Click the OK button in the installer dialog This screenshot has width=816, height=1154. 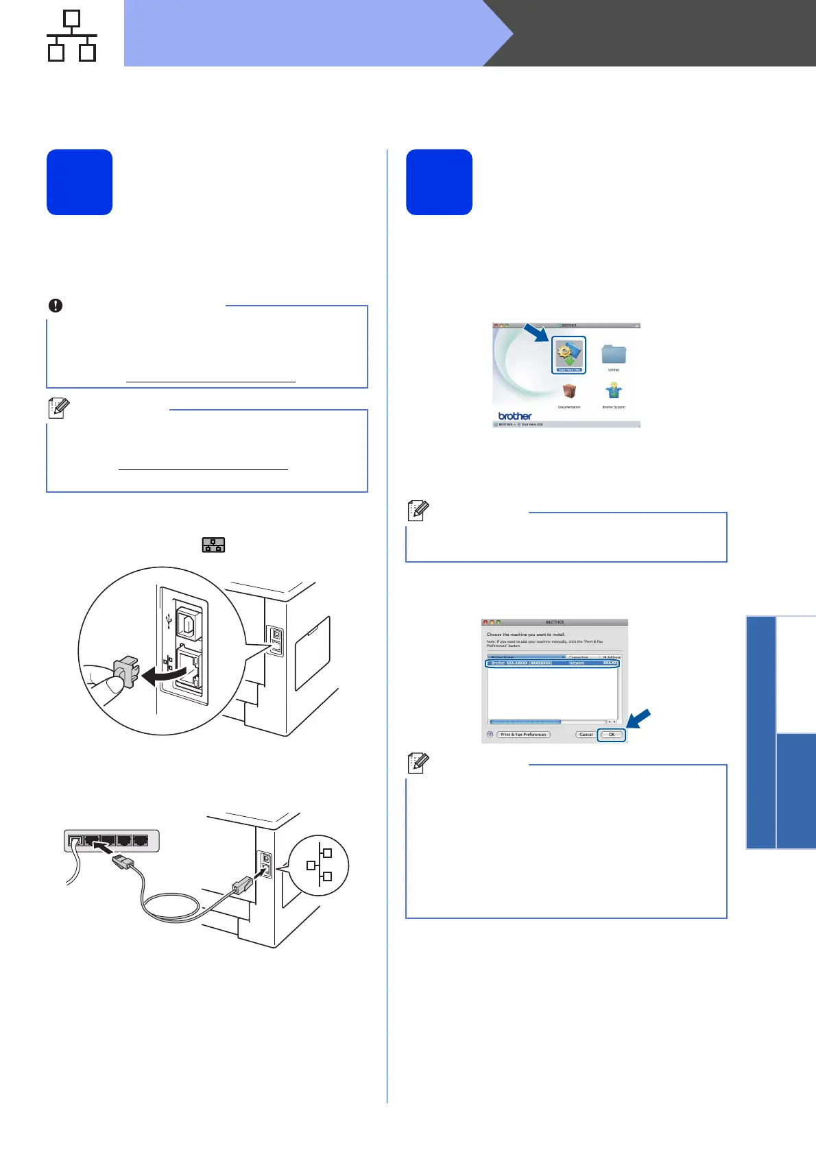click(611, 735)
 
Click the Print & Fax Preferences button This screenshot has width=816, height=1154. click(523, 735)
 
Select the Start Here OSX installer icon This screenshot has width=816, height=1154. click(568, 354)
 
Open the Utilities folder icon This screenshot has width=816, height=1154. click(614, 354)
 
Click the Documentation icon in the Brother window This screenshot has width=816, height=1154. click(569, 391)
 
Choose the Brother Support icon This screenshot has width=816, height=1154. click(614, 391)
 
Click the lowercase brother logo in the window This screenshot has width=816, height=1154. click(515, 416)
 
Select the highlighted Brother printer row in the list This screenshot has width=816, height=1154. click(553, 663)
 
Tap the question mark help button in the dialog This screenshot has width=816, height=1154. click(490, 735)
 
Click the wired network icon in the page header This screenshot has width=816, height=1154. click(71, 36)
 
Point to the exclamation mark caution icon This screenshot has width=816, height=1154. click(56, 306)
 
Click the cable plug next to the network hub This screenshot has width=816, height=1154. click(121, 861)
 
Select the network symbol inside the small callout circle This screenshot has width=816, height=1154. click(320, 865)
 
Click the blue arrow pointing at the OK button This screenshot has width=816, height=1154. click(638, 720)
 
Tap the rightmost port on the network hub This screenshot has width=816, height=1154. click(141, 840)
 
